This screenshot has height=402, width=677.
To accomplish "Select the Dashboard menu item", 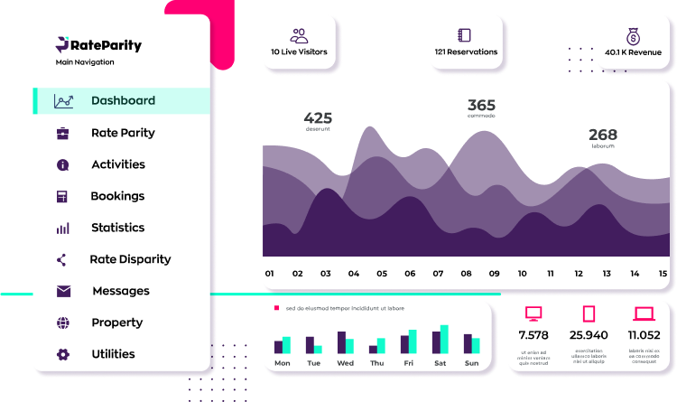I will [123, 101].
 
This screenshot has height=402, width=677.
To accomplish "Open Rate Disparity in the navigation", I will [130, 259].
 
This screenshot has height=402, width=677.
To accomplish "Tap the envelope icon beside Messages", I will [63, 291].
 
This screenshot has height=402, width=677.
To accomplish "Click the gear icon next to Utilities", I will [62, 354].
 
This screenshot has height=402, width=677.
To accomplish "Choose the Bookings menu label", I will [117, 196].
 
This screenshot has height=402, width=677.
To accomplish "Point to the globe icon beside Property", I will [62, 323].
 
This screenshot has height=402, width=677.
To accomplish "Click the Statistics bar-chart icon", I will [62, 229].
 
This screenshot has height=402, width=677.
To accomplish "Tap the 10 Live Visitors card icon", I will [299, 35].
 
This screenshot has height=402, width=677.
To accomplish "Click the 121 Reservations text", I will [466, 52].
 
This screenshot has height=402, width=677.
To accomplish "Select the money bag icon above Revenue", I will [633, 35].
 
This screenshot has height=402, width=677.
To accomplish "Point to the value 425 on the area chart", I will [318, 117].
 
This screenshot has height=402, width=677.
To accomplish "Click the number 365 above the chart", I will [481, 105].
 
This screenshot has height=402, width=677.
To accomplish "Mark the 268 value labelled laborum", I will [603, 135].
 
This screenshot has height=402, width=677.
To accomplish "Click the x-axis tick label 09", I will [494, 273].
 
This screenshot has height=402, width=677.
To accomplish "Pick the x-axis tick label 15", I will [663, 273].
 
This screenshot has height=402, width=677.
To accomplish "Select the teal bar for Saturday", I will [444, 339].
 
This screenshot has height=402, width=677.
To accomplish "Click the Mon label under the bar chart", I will [283, 363].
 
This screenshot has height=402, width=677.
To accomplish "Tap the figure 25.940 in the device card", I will [589, 335].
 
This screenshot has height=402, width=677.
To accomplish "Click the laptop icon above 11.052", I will [644, 314].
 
